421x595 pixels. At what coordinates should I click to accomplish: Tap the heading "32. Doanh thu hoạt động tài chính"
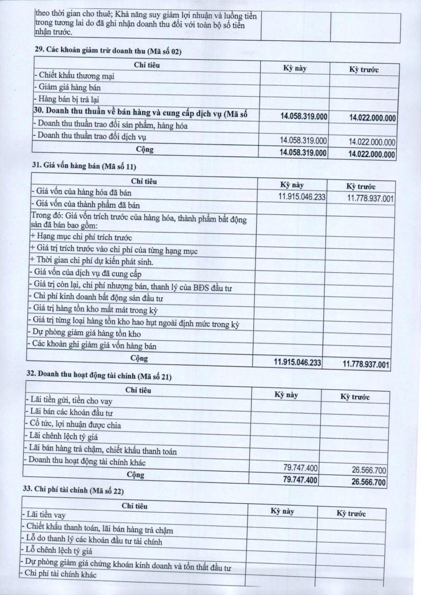92,377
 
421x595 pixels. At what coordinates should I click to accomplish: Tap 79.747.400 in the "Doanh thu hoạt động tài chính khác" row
301,467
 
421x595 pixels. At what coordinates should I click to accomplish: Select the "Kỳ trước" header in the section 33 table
351,513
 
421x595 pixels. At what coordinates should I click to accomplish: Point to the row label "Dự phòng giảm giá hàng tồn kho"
85,334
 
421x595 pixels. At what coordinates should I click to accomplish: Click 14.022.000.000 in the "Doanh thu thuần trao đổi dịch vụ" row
372,141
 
